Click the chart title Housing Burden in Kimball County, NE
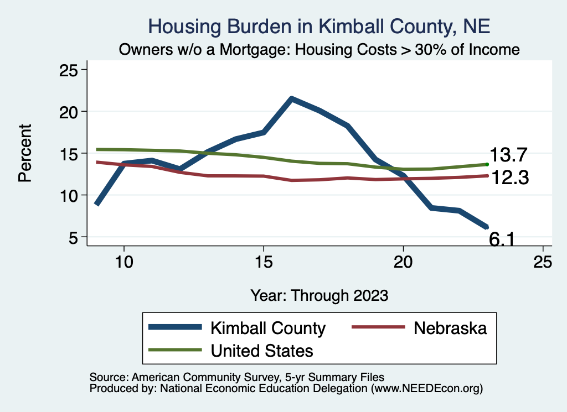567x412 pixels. click(x=319, y=26)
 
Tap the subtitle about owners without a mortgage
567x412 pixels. click(x=319, y=50)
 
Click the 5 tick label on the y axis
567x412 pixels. click(x=71, y=237)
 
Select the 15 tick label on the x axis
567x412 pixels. click(x=264, y=262)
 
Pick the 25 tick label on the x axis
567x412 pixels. click(x=543, y=262)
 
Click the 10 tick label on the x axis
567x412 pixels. click(x=124, y=262)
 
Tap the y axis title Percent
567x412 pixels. click(x=24, y=153)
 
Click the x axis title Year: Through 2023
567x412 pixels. click(x=319, y=295)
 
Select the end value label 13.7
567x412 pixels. click(x=508, y=156)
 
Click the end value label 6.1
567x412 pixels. click(x=503, y=239)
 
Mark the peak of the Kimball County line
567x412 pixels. click(x=292, y=99)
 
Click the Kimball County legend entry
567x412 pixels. click(x=267, y=328)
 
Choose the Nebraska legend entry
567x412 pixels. click(x=450, y=328)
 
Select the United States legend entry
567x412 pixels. click(x=261, y=350)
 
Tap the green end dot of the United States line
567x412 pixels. click(x=487, y=164)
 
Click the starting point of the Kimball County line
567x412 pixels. click(x=97, y=204)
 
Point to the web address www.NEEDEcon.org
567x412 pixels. click(x=426, y=389)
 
